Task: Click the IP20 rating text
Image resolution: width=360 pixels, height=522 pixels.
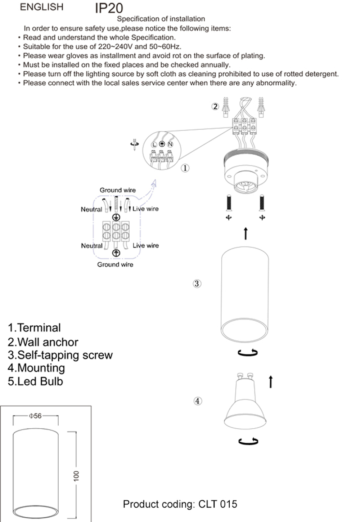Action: pyautogui.click(x=109, y=8)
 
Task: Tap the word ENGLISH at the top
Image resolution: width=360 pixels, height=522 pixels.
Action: pyautogui.click(x=41, y=7)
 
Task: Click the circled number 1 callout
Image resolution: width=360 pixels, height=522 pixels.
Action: pyautogui.click(x=185, y=168)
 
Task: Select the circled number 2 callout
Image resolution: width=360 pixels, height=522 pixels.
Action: pyautogui.click(x=215, y=106)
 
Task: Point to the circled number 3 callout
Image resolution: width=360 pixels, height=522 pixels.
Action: pyautogui.click(x=197, y=284)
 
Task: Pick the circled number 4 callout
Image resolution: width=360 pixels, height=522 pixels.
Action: pyautogui.click(x=198, y=401)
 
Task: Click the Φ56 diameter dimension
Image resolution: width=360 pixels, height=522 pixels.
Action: pyautogui.click(x=35, y=416)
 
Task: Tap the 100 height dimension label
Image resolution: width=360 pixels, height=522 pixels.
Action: pyautogui.click(x=76, y=476)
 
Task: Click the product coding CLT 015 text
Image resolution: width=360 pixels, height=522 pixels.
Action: pyautogui.click(x=180, y=504)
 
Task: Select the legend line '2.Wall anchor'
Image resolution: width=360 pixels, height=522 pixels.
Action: pyautogui.click(x=43, y=342)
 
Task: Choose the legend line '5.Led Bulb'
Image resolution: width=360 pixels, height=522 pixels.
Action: pyautogui.click(x=35, y=381)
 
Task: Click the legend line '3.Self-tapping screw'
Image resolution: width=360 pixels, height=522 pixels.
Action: pyautogui.click(x=60, y=355)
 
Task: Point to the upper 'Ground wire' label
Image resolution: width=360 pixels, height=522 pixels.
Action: pyautogui.click(x=118, y=190)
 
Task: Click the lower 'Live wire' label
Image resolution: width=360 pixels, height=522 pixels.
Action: pyautogui.click(x=145, y=245)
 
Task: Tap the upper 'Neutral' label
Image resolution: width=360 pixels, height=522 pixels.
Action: pyautogui.click(x=91, y=209)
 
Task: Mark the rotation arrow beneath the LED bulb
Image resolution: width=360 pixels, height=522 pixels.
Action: pyautogui.click(x=248, y=441)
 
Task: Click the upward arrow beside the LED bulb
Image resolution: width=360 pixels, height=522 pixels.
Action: pyautogui.click(x=271, y=382)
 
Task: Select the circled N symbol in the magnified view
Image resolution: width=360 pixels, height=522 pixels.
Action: pyautogui.click(x=170, y=144)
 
